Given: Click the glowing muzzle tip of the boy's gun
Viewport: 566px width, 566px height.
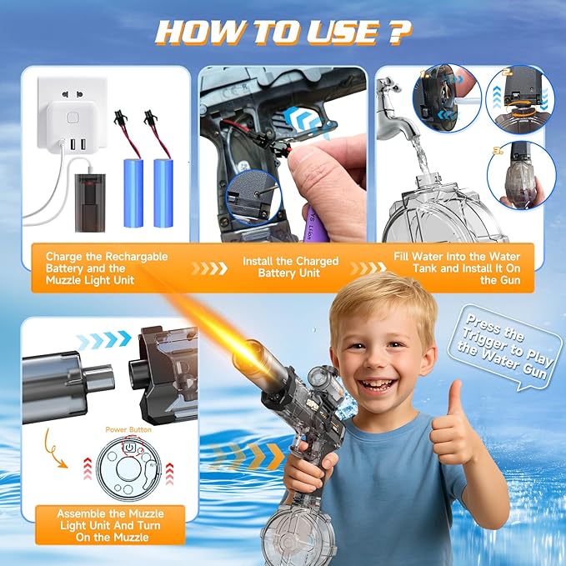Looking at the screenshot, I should coord(248,359).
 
